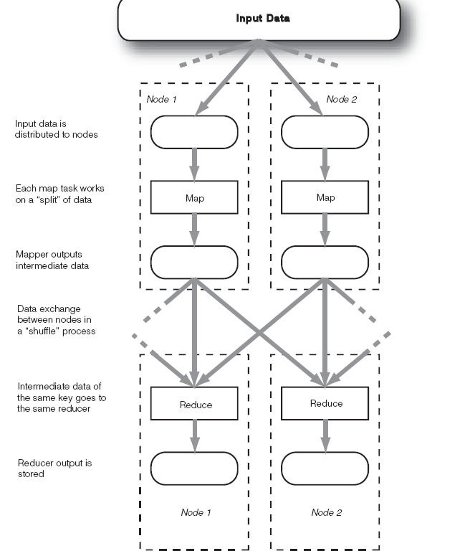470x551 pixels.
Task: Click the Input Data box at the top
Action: [x=259, y=19]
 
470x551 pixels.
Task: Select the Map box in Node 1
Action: [x=194, y=197]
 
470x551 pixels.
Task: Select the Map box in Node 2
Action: [x=325, y=197]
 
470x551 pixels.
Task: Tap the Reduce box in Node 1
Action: [x=194, y=405]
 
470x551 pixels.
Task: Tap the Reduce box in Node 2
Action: [x=325, y=404]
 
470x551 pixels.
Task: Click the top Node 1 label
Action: [x=162, y=99]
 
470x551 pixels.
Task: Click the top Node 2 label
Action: [x=341, y=99]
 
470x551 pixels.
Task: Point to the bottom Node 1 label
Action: [x=196, y=512]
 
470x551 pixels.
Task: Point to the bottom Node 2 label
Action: [x=327, y=512]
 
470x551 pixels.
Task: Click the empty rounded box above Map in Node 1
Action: [x=194, y=132]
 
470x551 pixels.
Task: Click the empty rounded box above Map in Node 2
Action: [x=325, y=132]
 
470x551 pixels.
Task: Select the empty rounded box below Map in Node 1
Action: [x=194, y=263]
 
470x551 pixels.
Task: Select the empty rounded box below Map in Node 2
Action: [x=325, y=263]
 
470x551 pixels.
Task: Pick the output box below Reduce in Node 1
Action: [x=194, y=468]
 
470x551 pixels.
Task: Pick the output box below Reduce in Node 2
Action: [x=325, y=468]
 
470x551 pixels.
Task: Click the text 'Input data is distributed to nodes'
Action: [x=56, y=129]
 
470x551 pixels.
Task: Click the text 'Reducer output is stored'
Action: [x=54, y=468]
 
